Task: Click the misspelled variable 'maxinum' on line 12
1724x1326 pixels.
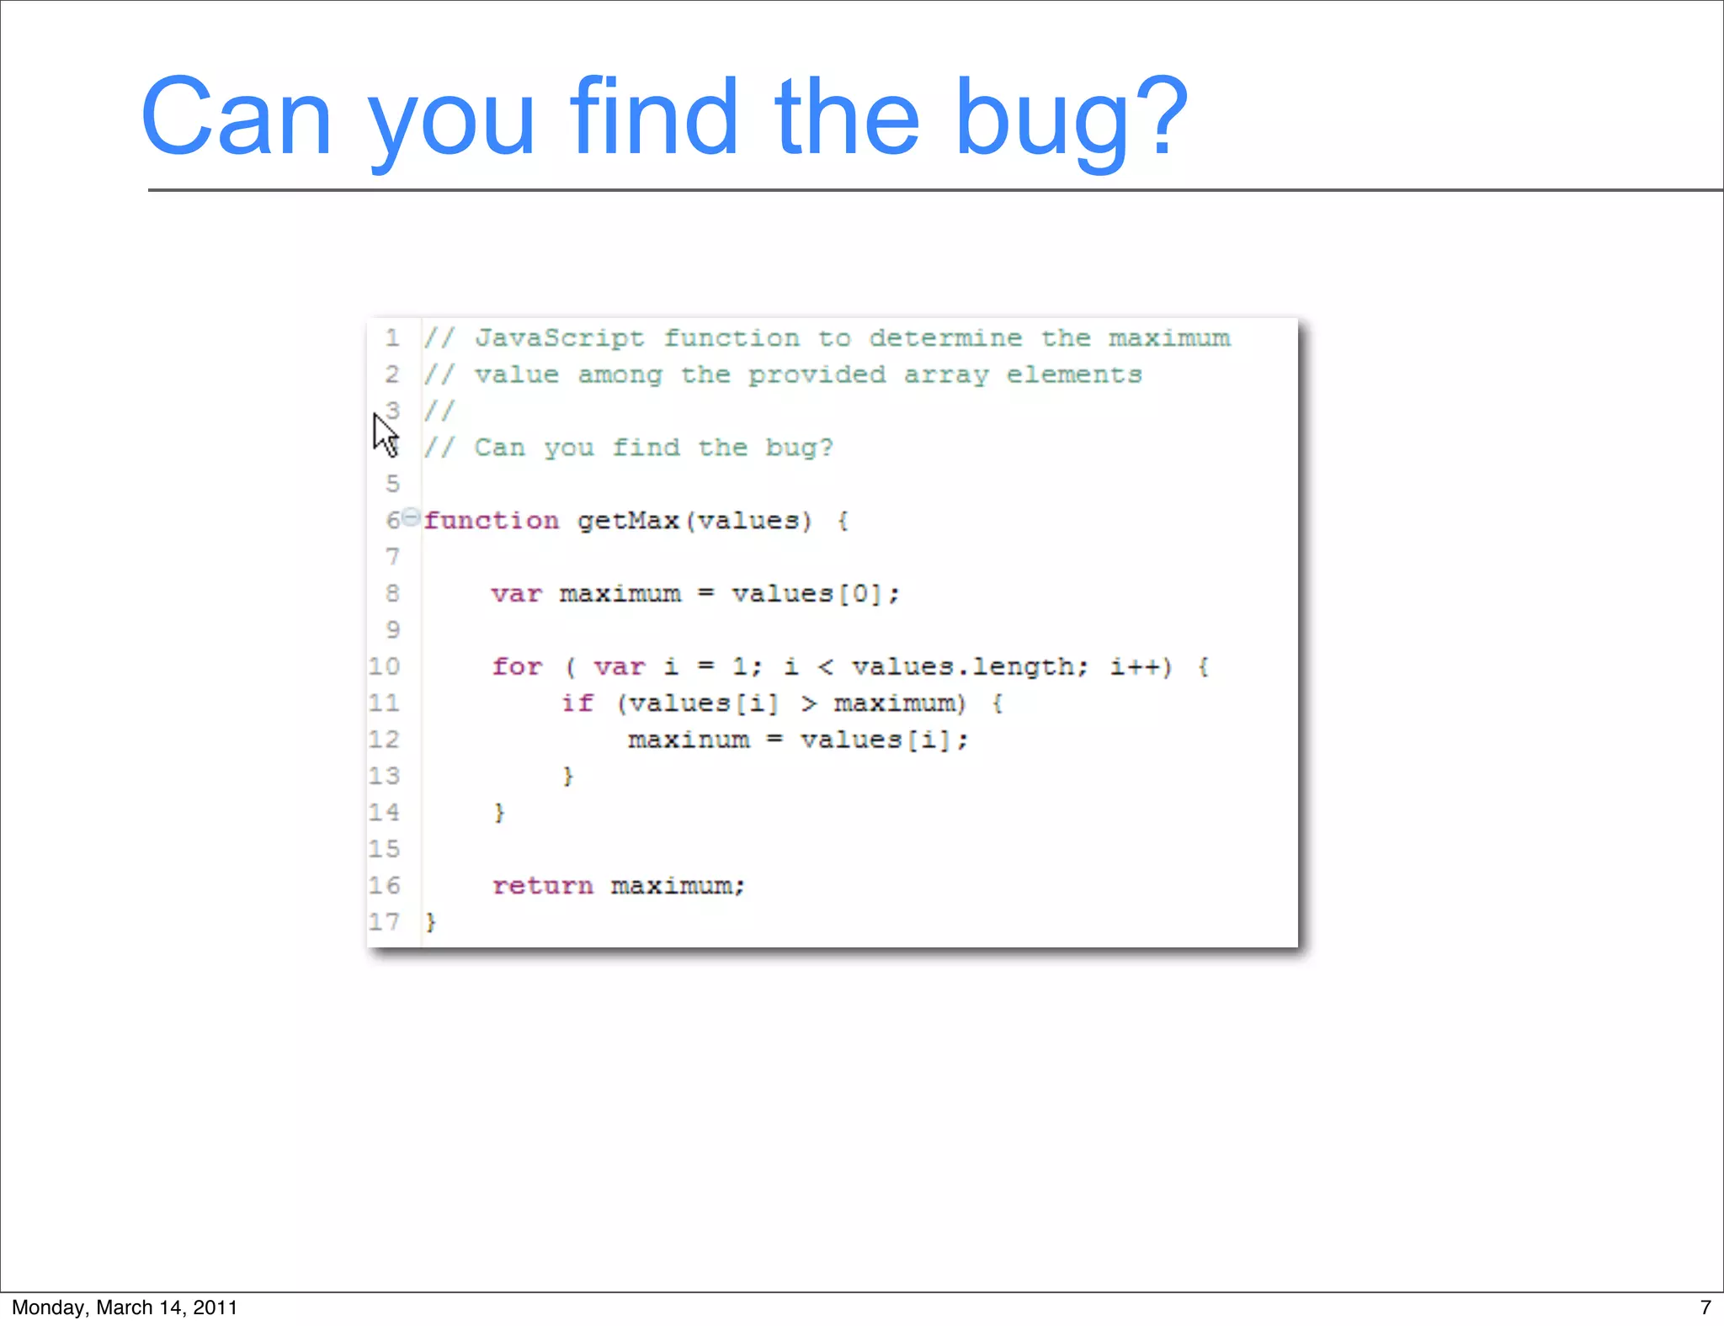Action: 689,740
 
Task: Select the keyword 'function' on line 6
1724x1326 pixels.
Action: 491,521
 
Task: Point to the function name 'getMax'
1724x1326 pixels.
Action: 628,521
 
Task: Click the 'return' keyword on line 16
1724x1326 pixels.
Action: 543,886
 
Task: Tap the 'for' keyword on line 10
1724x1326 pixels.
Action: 517,667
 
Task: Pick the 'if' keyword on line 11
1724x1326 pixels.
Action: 577,703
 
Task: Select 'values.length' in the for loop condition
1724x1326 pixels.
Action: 962,667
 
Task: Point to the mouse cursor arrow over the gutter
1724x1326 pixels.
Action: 384,433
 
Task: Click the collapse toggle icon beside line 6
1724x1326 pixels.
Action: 410,517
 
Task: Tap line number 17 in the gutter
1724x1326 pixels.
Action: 384,922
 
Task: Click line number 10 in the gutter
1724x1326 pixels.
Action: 384,667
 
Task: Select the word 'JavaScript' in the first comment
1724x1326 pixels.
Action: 560,338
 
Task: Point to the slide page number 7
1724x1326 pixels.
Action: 1705,1307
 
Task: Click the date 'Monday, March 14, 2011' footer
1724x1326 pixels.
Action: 125,1307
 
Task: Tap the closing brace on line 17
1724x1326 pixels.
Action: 431,922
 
